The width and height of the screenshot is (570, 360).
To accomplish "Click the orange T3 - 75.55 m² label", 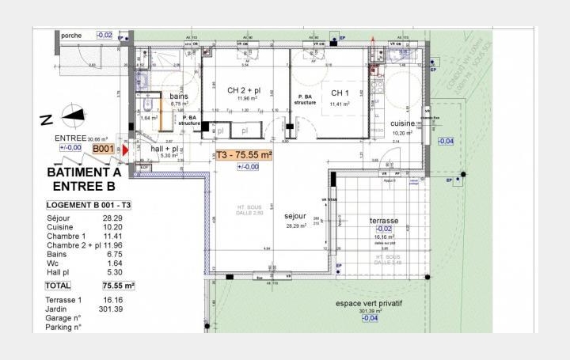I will click(243, 155).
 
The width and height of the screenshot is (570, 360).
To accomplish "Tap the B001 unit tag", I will click(104, 148).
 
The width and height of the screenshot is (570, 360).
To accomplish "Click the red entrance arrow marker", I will click(125, 150).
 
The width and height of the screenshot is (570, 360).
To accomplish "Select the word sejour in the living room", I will click(294, 215).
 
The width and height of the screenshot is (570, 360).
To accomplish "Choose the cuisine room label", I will click(402, 123).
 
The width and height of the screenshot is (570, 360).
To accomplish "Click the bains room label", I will click(179, 97).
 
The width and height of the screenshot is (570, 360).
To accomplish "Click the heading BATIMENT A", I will click(84, 172).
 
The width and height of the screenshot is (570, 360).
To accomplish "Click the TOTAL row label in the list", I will click(58, 286).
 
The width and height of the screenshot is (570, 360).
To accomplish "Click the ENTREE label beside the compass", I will click(69, 138).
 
